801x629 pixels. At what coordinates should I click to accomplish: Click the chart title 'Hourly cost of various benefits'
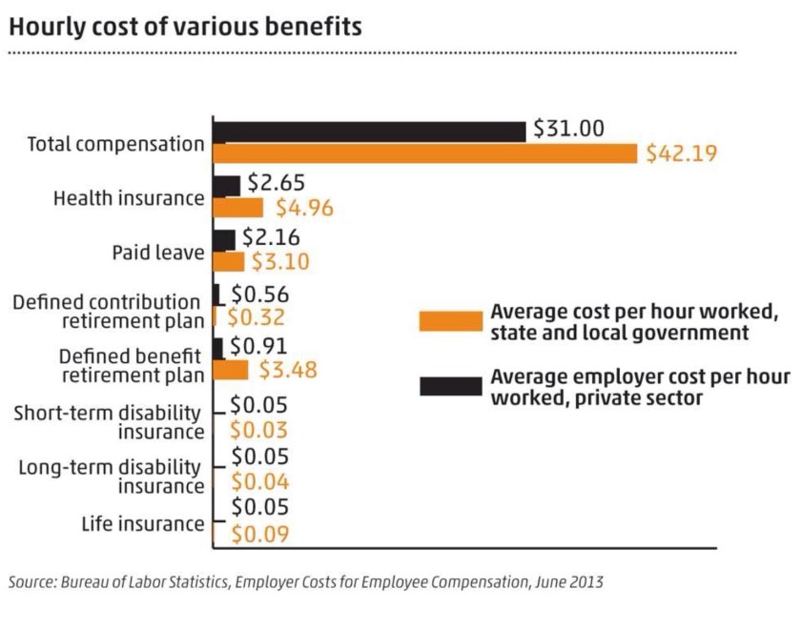[x=185, y=27]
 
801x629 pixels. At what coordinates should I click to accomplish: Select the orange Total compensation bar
[x=424, y=153]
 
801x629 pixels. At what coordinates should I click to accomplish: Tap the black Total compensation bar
[x=369, y=132]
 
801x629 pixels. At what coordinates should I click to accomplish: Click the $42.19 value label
[x=681, y=153]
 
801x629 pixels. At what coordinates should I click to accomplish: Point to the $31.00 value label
[x=568, y=129]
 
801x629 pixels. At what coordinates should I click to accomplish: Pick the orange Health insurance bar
[x=237, y=207]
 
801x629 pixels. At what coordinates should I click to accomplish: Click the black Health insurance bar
[x=226, y=186]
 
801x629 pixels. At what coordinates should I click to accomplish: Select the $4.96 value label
[x=304, y=208]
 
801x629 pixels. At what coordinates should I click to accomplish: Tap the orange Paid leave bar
[x=228, y=261]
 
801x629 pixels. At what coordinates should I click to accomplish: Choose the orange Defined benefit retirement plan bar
[x=230, y=369]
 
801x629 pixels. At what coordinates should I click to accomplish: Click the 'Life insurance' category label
[x=142, y=523]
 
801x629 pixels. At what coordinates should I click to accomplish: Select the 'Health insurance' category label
[x=129, y=199]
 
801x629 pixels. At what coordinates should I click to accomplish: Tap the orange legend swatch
[x=450, y=322]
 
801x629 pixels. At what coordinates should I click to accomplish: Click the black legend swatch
[x=450, y=386]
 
